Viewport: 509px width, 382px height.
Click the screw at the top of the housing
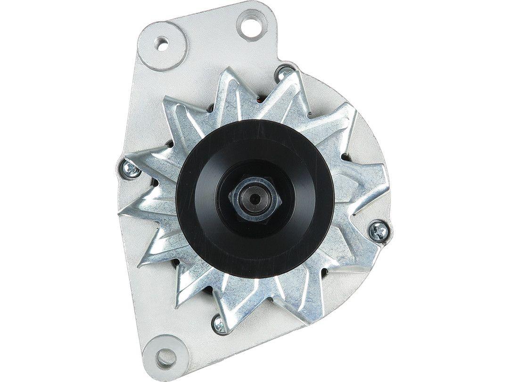coord(284,73)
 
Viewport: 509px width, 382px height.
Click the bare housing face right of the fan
coord(372,141)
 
